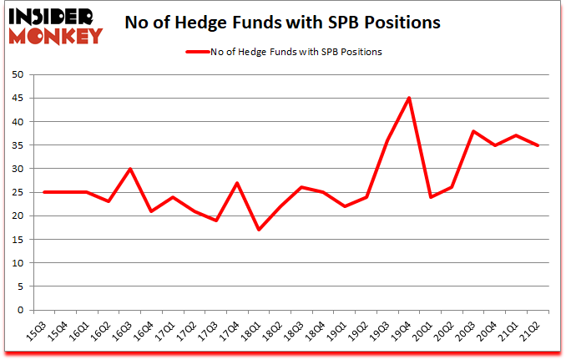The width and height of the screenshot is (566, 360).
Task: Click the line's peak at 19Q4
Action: click(408, 99)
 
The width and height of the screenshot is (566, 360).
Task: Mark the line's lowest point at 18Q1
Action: click(258, 230)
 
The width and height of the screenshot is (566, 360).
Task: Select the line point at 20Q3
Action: click(473, 131)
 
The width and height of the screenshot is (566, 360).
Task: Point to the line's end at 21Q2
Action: click(538, 145)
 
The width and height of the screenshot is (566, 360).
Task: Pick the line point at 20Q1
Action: click(430, 197)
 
